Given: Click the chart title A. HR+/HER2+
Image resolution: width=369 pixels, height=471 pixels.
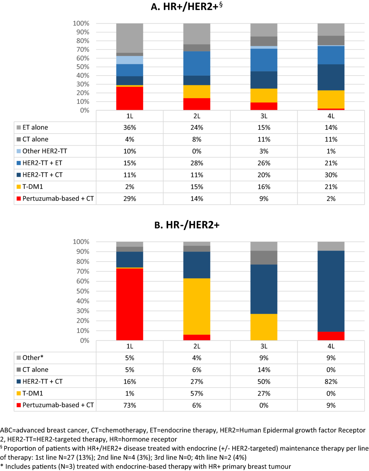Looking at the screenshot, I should point(186,7).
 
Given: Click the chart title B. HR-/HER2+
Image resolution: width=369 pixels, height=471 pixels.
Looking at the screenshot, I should point(187,225).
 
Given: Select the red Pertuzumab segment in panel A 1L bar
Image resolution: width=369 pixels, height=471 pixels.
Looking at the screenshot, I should point(129,98).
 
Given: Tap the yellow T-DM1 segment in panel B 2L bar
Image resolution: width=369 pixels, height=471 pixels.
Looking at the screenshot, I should point(197,306).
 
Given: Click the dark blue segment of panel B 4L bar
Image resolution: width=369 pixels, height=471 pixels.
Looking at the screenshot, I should point(331,291).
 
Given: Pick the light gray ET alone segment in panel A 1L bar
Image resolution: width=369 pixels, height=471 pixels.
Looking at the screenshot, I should point(129,38).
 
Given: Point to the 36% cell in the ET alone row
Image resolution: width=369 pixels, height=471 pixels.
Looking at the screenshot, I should point(129,128).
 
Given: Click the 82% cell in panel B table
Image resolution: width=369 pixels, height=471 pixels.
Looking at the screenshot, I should point(331,382).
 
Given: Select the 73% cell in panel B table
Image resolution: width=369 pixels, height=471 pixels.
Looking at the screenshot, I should point(129,405).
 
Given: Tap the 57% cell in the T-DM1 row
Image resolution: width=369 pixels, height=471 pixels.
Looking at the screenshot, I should point(197,394).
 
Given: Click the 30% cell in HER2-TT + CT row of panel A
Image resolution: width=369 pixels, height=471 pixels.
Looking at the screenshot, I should point(331,175).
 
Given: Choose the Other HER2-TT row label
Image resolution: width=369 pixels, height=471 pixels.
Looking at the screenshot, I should point(45,151).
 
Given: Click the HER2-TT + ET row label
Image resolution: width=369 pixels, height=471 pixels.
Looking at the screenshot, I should point(42,163).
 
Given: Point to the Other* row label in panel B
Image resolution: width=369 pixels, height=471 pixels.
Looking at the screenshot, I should point(33,358).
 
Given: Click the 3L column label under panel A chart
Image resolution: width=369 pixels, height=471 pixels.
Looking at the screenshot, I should point(264,116).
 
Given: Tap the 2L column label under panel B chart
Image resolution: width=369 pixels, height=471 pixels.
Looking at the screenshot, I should point(197,346).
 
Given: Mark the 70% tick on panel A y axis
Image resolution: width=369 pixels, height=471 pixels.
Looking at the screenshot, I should point(83,49).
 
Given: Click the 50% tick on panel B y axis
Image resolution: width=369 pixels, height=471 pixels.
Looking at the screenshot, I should point(83,291).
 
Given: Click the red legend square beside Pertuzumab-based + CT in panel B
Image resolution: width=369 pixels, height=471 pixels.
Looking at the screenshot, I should point(19,405).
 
